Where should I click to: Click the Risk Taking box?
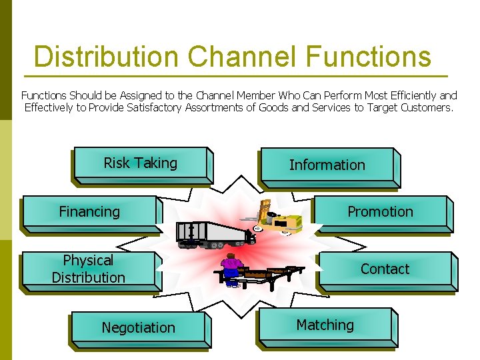pyautogui.click(x=141, y=163)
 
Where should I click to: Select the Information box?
pyautogui.click(x=327, y=165)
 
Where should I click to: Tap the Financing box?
pyautogui.click(x=89, y=212)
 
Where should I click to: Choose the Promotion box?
pyautogui.click(x=380, y=212)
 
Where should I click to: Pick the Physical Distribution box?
pyautogui.click(x=89, y=269)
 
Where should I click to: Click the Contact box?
pyautogui.click(x=385, y=269)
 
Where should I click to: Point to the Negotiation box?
pyautogui.click(x=138, y=328)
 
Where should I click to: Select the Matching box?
pyautogui.click(x=325, y=325)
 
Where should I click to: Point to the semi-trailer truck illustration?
pyautogui.click(x=212, y=234)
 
